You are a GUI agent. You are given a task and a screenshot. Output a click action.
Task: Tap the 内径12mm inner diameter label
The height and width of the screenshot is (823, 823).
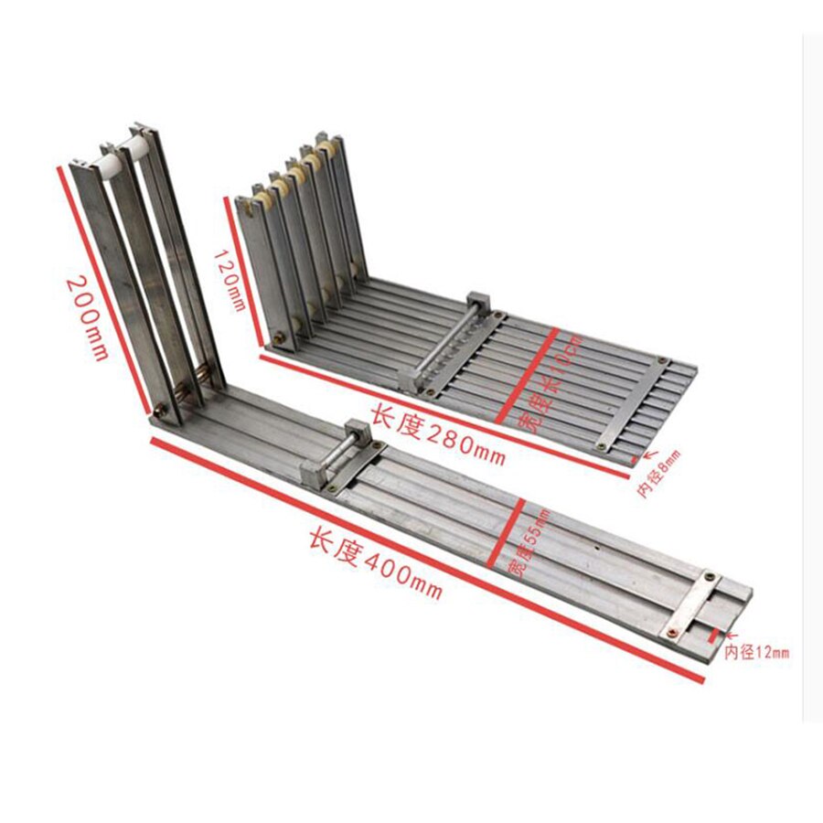756,653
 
